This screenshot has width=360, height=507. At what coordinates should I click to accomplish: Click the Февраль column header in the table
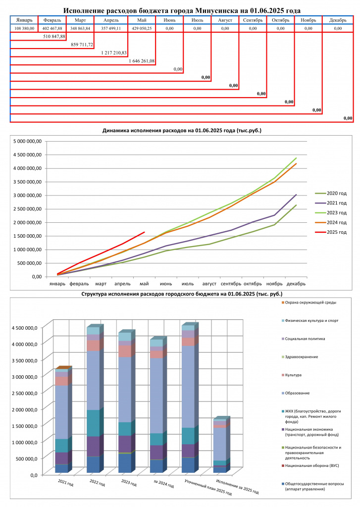52,20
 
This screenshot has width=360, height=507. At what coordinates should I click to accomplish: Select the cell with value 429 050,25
142,28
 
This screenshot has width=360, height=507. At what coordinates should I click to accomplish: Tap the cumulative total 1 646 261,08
142,61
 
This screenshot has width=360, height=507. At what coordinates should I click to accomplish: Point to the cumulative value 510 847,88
54,36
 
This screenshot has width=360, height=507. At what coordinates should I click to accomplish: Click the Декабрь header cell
338,20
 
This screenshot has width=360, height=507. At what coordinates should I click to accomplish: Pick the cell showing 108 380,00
24,28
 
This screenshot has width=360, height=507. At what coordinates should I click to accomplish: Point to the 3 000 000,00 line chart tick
28,195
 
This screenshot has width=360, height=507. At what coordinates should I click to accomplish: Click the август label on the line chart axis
209,284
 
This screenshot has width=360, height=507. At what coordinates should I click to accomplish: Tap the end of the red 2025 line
144,232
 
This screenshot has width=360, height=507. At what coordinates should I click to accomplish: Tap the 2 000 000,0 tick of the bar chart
25,409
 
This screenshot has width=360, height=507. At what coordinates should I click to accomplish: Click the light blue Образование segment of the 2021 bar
61,412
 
